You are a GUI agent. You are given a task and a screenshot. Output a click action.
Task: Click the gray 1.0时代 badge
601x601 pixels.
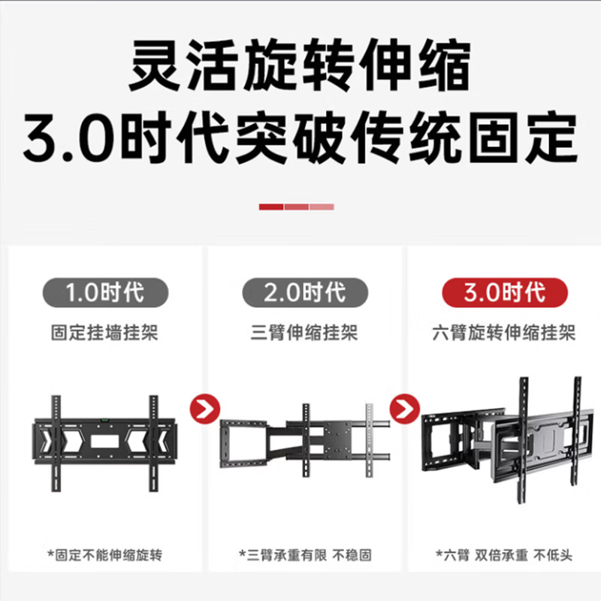[x=104, y=291]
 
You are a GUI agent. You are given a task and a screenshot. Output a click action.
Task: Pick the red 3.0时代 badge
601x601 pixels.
[x=504, y=291]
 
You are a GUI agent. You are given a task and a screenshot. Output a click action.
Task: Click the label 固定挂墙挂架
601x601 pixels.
[x=104, y=331]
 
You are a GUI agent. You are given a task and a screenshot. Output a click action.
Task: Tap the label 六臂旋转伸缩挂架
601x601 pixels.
[x=505, y=331]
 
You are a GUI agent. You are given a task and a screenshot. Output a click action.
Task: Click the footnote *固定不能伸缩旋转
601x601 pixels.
[x=104, y=555]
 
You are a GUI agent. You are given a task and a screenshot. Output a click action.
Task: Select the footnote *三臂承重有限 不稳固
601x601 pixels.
[x=305, y=555]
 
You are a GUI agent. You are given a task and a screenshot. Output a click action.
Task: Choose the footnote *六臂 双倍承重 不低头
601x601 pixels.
[x=504, y=555]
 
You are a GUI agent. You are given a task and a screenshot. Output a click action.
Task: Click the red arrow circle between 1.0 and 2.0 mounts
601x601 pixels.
[x=204, y=410]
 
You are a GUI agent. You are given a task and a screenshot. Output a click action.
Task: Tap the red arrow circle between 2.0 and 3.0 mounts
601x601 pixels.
[x=403, y=410]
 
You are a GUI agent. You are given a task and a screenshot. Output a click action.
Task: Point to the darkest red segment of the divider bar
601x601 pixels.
[x=271, y=207]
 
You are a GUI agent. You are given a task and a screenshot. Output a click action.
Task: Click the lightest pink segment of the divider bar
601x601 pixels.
[x=322, y=207]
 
